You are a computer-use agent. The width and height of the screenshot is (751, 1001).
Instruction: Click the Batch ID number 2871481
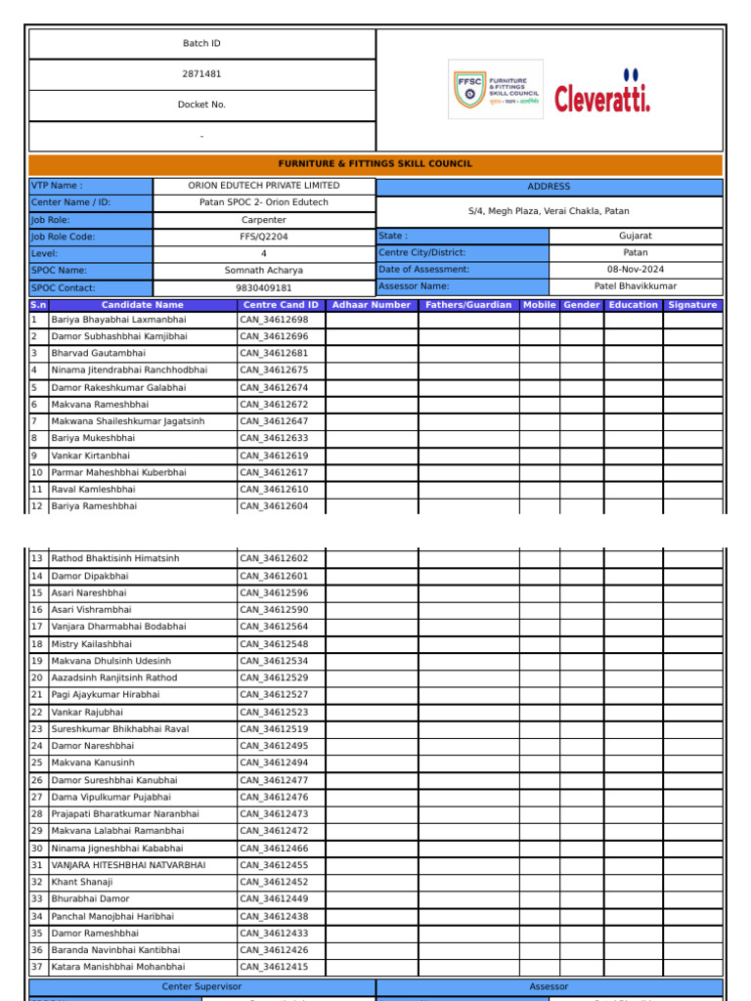(x=201, y=74)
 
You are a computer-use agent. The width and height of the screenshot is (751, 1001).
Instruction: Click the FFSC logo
(x=495, y=90)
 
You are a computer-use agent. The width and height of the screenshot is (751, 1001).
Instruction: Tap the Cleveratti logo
(x=602, y=91)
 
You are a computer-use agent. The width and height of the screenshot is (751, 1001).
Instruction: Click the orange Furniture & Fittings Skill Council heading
(x=375, y=164)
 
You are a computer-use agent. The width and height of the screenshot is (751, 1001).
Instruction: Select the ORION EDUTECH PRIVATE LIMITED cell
(x=264, y=186)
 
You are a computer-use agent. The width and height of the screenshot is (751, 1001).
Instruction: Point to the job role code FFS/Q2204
(x=264, y=237)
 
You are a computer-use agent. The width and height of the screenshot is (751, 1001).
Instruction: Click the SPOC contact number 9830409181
(x=264, y=288)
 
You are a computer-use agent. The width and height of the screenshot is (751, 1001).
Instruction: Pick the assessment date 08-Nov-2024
(x=636, y=270)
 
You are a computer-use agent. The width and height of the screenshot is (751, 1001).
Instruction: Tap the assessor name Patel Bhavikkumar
(x=636, y=286)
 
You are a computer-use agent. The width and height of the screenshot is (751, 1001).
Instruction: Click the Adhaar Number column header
(x=372, y=305)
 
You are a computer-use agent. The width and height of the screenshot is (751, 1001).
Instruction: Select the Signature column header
(x=692, y=305)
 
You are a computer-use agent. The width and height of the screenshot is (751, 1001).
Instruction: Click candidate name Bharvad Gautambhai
(x=99, y=353)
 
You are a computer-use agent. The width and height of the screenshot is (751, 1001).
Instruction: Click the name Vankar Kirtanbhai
(x=90, y=456)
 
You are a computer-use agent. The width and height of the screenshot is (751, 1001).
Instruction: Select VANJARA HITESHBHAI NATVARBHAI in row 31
(x=128, y=865)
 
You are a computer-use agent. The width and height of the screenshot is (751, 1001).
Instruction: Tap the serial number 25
(x=37, y=762)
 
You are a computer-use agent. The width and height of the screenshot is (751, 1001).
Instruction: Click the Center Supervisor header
(x=201, y=987)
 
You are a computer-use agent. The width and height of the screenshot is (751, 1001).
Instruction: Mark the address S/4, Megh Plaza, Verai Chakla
(x=549, y=211)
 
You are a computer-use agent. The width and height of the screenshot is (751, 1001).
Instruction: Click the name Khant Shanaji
(x=82, y=882)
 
